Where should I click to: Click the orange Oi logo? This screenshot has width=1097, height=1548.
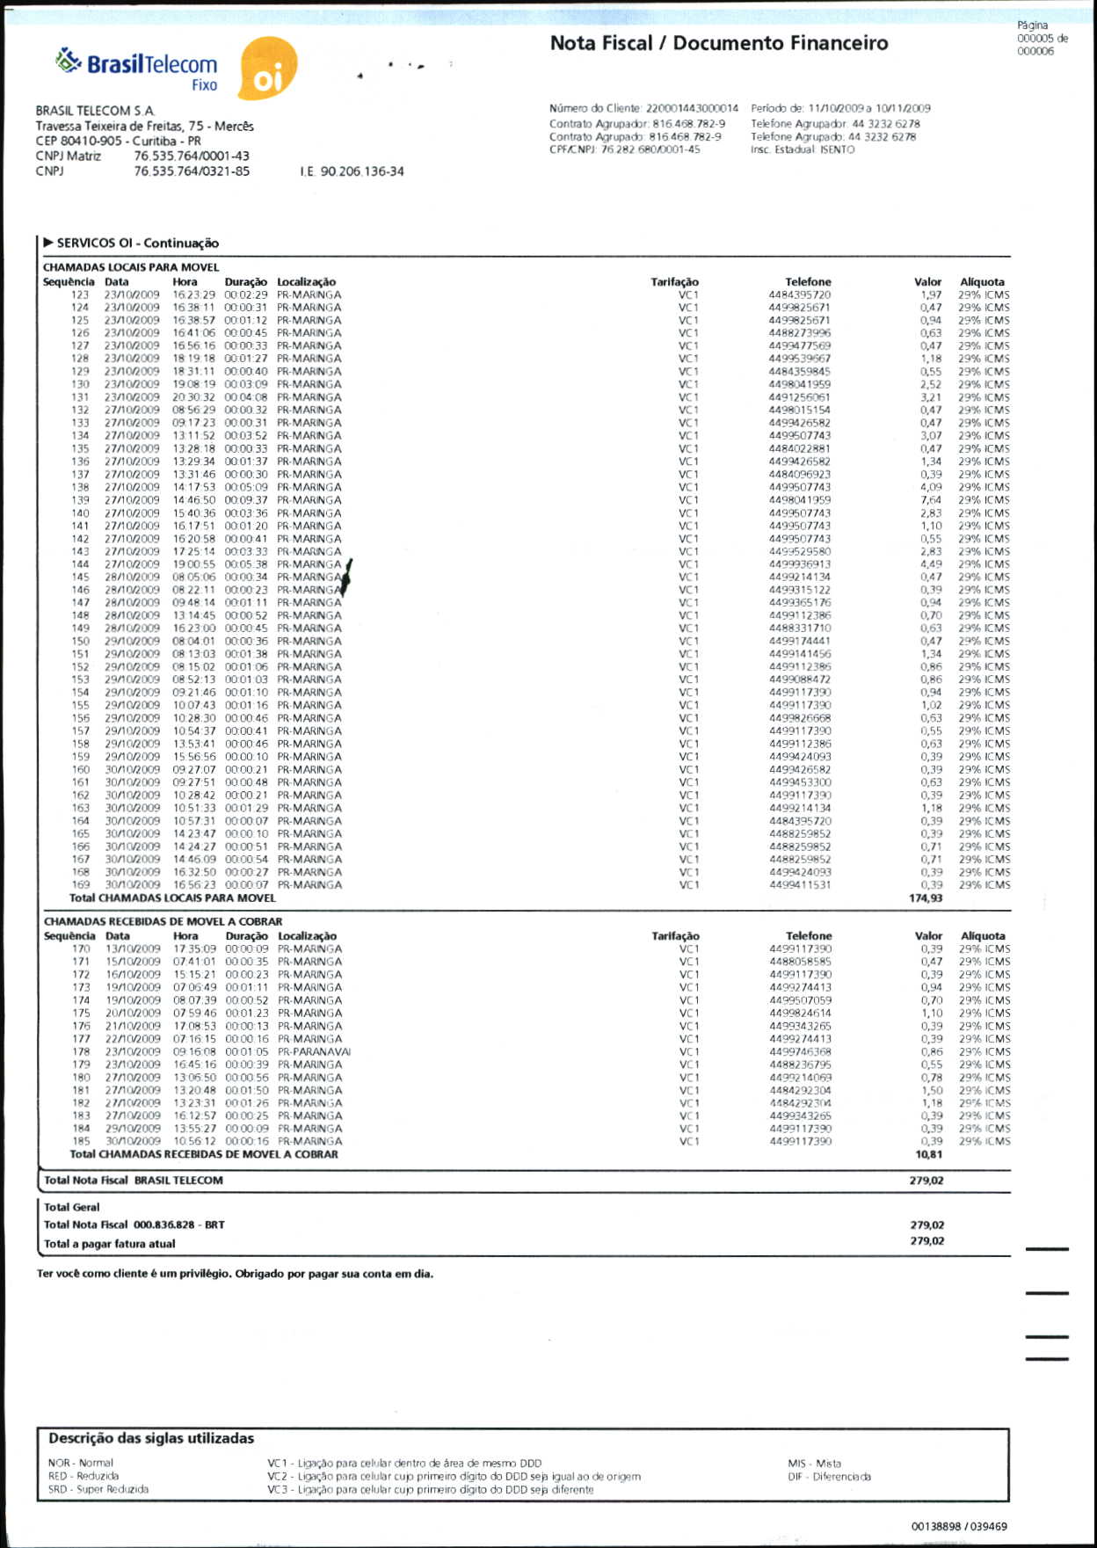coord(268,69)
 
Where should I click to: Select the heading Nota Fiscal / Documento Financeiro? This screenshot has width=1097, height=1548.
coord(718,43)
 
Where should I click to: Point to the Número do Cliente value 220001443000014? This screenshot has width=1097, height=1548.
coord(692,108)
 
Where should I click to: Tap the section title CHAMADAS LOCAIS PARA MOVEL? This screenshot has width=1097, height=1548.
coord(131,267)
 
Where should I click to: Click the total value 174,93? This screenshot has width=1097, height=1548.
coord(926,898)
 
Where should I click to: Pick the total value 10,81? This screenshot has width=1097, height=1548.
coord(928,1154)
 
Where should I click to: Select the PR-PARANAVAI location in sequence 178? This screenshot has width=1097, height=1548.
coord(315,1051)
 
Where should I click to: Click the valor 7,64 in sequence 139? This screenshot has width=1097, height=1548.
coord(931,500)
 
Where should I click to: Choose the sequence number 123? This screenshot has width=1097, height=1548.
coord(80,295)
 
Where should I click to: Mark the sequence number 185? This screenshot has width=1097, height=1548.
coord(81,1141)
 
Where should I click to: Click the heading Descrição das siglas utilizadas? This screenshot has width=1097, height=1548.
coord(151,1438)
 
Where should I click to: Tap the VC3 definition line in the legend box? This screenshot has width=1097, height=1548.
coord(431,1489)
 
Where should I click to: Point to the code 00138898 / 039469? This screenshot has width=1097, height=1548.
coord(959,1526)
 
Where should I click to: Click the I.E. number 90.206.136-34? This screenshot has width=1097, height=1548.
coord(352,171)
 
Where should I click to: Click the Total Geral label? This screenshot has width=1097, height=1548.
coord(72,1207)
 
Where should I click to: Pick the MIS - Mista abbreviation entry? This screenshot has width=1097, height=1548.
coord(814,1464)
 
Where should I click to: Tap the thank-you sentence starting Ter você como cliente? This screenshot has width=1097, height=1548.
coord(236,1274)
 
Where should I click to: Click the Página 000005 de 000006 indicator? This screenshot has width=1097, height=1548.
coord(1042,39)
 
